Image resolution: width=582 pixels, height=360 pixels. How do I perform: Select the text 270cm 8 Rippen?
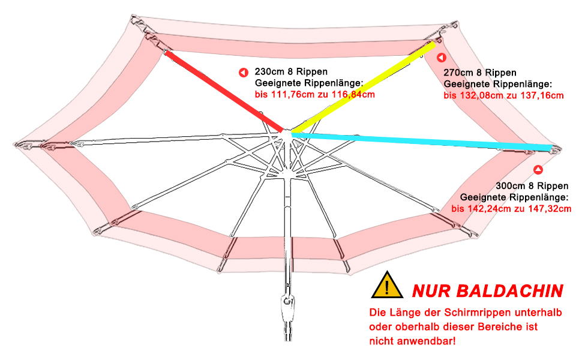point(480,73)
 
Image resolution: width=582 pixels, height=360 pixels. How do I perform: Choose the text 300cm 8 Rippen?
point(532,185)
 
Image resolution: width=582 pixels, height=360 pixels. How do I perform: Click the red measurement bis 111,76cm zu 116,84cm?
point(316,94)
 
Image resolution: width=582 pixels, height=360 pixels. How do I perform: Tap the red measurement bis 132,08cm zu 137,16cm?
point(504,95)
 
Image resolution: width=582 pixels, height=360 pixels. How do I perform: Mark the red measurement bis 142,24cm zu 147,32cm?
point(511,208)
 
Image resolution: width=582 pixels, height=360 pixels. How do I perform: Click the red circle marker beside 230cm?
point(243,73)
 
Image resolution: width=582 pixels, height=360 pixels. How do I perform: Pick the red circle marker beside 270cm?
point(441,58)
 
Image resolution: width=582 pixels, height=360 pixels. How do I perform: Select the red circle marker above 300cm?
point(538,170)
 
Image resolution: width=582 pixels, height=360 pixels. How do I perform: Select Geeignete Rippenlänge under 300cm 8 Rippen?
point(514,197)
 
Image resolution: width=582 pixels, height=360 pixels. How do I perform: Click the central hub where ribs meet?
point(287,132)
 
